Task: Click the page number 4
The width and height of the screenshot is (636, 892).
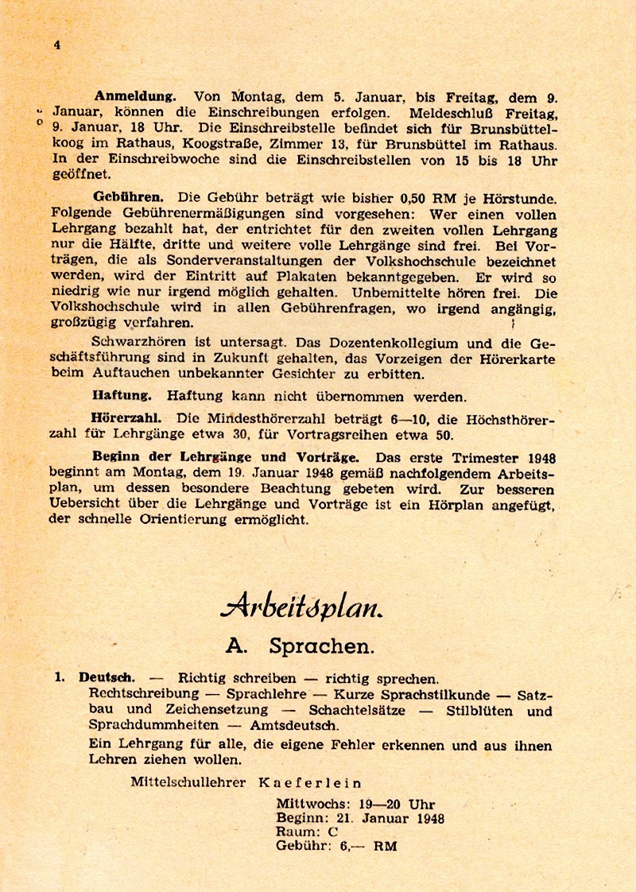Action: coord(56,45)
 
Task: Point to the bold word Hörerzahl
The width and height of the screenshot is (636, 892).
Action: coord(127,417)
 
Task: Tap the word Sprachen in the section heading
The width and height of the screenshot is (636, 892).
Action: coord(321,646)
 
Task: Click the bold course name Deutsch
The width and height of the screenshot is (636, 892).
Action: coord(107,678)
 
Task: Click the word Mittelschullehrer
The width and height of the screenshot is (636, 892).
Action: coord(189,782)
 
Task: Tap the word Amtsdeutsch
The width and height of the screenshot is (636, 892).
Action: coord(294,726)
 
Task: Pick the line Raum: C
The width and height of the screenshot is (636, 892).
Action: coord(307,832)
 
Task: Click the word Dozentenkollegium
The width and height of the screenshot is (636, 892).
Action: coord(378,343)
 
